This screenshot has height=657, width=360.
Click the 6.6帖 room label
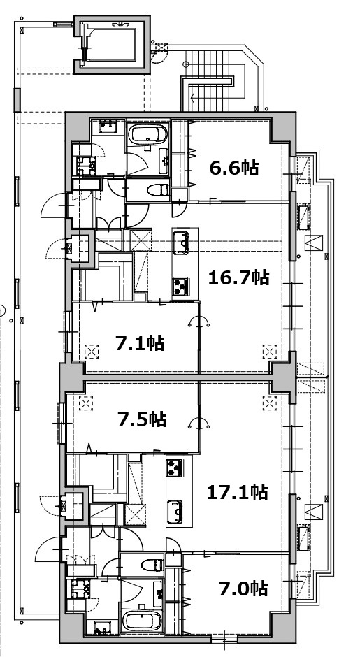coord(234,168)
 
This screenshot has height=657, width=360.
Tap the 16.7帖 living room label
coord(238,277)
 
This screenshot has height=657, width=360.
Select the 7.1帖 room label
coord(140,344)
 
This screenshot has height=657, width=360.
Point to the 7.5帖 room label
coord(142,419)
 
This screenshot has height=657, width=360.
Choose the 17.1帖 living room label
coord(238,492)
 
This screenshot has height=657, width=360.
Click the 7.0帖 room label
coord(243,589)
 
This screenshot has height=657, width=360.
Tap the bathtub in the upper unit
coord(147,134)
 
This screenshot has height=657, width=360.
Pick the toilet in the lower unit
coord(152,565)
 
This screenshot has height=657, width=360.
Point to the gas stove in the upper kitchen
coord(180,287)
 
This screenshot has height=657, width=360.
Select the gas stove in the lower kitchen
coord(175,468)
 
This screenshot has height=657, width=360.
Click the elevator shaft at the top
coord(112,45)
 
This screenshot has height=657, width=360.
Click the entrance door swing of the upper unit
coord(53,206)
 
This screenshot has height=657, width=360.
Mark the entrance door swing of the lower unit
coord(49,549)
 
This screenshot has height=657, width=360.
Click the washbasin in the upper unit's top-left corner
coord(108,126)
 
